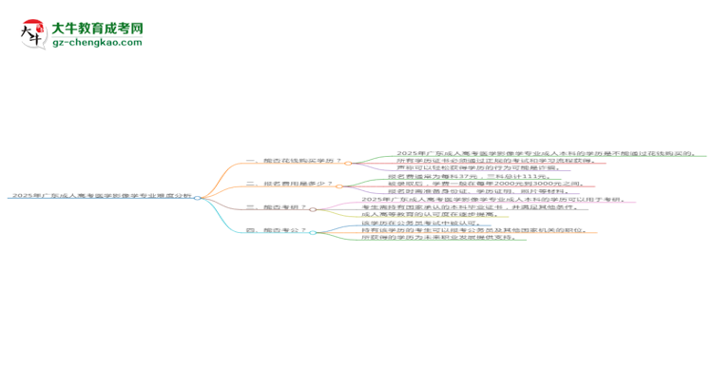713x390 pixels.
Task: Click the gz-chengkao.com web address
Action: (x=97, y=43)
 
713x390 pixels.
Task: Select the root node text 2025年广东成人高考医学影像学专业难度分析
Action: (x=100, y=195)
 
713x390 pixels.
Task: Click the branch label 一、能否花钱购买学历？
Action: (x=294, y=161)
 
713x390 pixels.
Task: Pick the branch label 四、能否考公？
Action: (x=277, y=231)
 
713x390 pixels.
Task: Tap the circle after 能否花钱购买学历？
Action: (x=349, y=161)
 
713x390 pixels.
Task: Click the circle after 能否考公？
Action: (x=314, y=231)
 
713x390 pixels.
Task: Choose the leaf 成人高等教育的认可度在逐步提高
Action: (x=428, y=216)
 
